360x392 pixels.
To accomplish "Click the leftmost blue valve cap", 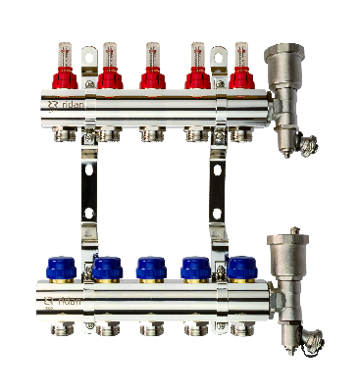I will pos(63,267).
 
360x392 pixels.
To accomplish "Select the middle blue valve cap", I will pos(151,267).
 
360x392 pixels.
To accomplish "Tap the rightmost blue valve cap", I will pos(240,267).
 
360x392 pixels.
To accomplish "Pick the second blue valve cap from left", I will pos(107,267).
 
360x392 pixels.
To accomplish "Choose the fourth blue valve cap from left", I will pos(196,267).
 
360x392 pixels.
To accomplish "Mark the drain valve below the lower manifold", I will pos(295,333).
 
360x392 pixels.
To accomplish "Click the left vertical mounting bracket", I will pos(87,191).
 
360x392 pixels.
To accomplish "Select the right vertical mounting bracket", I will pos(218,191).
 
